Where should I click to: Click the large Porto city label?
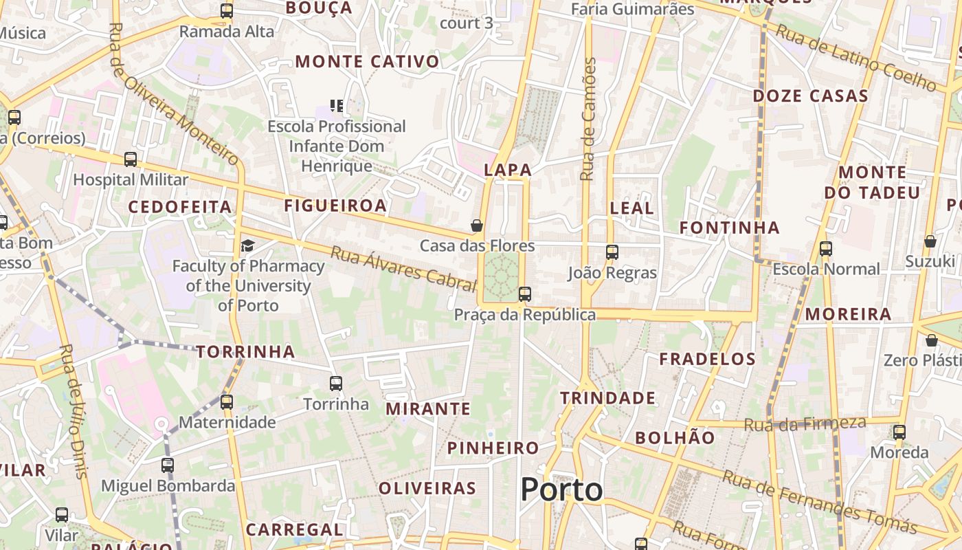(x=561, y=489)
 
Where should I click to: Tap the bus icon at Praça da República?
(x=525, y=294)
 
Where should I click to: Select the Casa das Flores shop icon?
(x=476, y=225)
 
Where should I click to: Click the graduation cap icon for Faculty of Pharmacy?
(x=247, y=245)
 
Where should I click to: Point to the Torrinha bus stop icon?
(x=336, y=383)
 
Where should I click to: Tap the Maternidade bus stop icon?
(x=227, y=402)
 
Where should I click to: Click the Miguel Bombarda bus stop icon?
(x=168, y=465)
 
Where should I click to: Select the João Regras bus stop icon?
(x=612, y=252)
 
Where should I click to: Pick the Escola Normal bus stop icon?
(x=826, y=248)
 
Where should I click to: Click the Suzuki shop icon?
(x=930, y=241)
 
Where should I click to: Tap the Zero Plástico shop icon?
(x=931, y=340)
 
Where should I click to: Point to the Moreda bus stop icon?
(x=899, y=432)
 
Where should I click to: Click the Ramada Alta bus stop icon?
(x=227, y=11)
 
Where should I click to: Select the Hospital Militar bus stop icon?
(x=131, y=159)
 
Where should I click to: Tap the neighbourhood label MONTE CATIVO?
(x=367, y=62)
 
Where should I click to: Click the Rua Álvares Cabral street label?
(x=403, y=267)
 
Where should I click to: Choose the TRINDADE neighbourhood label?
(x=607, y=398)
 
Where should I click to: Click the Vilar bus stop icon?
(x=62, y=514)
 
